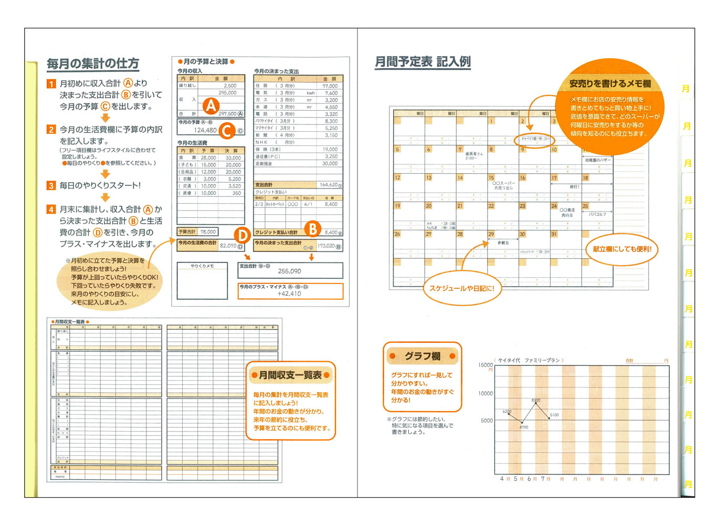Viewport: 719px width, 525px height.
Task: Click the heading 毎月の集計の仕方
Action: tap(93, 64)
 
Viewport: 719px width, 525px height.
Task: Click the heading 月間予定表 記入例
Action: tap(422, 62)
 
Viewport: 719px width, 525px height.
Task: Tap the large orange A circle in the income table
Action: tap(211, 106)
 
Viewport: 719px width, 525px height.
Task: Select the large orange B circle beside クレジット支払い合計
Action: tap(313, 229)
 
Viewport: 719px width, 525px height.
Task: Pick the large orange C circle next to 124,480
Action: tap(227, 130)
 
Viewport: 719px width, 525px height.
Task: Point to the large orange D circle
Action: tap(241, 235)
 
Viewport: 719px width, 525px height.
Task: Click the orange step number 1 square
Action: tap(51, 83)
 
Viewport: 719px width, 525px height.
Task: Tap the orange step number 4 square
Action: tap(51, 209)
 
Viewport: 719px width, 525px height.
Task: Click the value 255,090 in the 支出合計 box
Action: tap(290, 271)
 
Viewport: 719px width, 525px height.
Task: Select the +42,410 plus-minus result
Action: tap(289, 294)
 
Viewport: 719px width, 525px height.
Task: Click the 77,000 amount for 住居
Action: tap(330, 86)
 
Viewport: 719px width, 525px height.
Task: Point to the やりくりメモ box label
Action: tap(202, 266)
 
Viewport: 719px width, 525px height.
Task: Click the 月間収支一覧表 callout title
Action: tap(290, 375)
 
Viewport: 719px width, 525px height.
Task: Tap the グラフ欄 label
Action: tap(422, 356)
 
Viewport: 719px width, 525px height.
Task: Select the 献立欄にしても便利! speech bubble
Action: tap(622, 249)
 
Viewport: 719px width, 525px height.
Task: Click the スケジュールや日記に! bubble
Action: tap(462, 288)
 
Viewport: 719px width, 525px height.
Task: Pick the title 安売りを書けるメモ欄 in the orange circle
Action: tap(610, 83)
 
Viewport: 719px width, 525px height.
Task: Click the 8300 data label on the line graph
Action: tap(536, 401)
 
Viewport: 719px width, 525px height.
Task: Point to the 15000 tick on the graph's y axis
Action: tap(485, 365)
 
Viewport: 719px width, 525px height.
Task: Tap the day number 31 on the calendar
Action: tap(554, 235)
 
